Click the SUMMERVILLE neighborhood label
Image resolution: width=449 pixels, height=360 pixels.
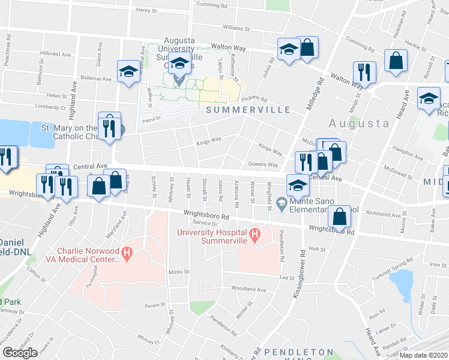(248, 110)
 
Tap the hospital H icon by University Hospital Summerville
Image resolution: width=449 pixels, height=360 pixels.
(255, 233)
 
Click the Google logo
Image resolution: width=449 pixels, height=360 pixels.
(20, 352)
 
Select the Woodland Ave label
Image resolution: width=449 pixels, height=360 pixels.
(248, 289)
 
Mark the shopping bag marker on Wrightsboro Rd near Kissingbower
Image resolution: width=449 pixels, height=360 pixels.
(340, 217)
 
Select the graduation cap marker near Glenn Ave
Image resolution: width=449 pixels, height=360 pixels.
(128, 72)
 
